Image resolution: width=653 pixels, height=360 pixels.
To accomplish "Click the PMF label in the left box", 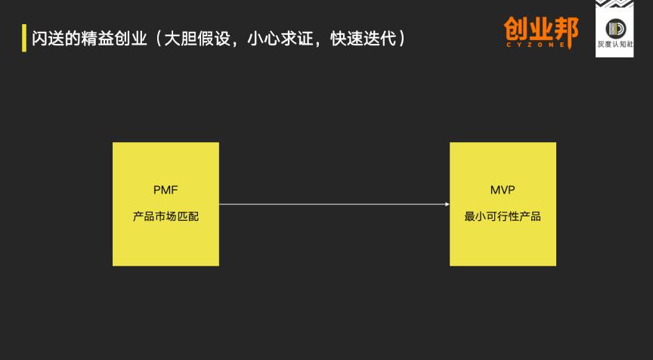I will click(x=166, y=190).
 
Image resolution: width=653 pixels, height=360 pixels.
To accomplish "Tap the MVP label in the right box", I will click(x=503, y=190).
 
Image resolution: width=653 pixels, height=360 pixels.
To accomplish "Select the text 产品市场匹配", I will click(x=166, y=216).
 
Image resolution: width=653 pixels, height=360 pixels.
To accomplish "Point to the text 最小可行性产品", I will click(x=503, y=216).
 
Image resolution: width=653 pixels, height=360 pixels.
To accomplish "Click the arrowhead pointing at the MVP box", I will click(x=447, y=203).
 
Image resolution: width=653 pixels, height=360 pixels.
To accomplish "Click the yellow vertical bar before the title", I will click(x=23, y=38).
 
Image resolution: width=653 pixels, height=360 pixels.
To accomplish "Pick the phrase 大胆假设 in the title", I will click(x=198, y=38).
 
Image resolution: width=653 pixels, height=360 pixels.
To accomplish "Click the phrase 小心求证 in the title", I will click(x=280, y=38).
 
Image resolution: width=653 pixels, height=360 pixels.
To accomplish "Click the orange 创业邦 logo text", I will click(x=540, y=30).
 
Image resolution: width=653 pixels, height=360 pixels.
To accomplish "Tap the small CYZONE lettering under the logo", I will click(x=540, y=46).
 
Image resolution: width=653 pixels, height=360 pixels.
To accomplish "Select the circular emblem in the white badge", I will click(x=614, y=29).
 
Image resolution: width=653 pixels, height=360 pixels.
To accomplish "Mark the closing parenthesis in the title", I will click(x=401, y=38).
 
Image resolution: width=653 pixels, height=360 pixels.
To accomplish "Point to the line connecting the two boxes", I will click(x=333, y=203).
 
